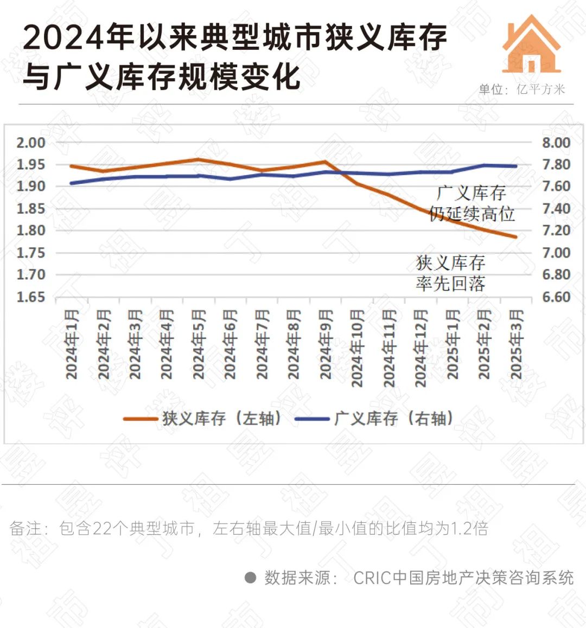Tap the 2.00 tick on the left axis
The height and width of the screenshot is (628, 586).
coord(30,143)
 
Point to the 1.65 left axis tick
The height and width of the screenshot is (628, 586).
coord(30,297)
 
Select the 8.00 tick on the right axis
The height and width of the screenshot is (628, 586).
coord(556,143)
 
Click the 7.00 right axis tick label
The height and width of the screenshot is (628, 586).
coord(556,253)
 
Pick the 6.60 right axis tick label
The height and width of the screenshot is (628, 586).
coord(556,297)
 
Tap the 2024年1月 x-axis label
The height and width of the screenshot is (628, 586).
coord(72,344)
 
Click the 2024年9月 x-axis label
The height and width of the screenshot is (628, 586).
coord(326,344)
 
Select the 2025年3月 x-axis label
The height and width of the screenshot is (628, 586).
coord(516,344)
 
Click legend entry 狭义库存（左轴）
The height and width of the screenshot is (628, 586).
coord(203,419)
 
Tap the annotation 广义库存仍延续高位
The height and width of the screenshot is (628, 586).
coord(472,203)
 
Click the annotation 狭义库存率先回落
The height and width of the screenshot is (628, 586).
coord(450,273)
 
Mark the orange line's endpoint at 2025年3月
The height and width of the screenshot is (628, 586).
coord(515,237)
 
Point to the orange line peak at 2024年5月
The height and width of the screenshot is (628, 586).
coord(199,159)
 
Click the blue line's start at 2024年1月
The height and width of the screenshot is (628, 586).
coord(72,183)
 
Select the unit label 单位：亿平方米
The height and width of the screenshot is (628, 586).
coord(521,89)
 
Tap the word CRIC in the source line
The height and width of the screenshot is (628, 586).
coord(372,578)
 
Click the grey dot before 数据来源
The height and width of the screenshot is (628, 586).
coord(250,578)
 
